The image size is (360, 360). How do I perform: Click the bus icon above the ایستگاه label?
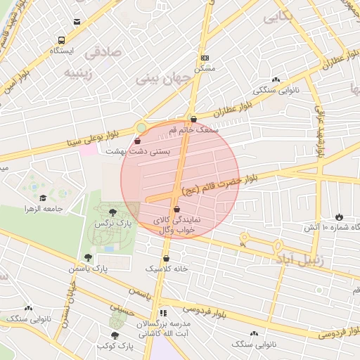pyautogui.click(x=62, y=40)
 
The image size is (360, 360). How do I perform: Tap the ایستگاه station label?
pyautogui.click(x=62, y=51)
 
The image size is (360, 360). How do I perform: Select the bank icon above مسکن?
pyautogui.click(x=205, y=58)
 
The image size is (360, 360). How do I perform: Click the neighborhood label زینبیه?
pyautogui.click(x=79, y=72)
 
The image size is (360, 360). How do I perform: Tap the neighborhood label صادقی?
pyautogui.click(x=103, y=53)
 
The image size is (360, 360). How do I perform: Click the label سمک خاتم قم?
pyautogui.click(x=198, y=131)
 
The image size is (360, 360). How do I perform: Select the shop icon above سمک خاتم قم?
pyautogui.click(x=194, y=120)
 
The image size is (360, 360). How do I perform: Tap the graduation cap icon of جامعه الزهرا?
pyautogui.click(x=43, y=198)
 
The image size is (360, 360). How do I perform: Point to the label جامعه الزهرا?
pyautogui.click(x=44, y=210)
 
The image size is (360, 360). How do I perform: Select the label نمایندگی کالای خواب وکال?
pyautogui.click(x=176, y=225)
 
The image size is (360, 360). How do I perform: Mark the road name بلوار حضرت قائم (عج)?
pyautogui.click(x=219, y=184)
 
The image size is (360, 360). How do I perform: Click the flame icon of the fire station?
pyautogui.click(x=340, y=217)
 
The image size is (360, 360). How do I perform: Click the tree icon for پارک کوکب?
pyautogui.click(x=115, y=335)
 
